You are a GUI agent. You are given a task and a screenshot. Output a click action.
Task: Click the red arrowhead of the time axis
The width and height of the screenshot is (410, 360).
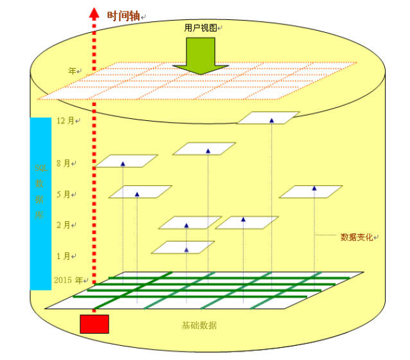tap(94, 13)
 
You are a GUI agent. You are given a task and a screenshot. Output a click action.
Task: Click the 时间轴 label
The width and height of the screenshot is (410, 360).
tap(123, 16)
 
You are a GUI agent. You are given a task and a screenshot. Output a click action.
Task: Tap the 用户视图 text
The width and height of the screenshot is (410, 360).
tap(200, 28)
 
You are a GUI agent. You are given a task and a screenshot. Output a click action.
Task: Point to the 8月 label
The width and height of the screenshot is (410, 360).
tap(65, 163)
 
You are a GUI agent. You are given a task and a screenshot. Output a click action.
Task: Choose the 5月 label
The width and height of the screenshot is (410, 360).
tap(65, 194)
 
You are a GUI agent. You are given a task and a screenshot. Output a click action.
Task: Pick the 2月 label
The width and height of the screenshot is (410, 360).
tap(65, 225)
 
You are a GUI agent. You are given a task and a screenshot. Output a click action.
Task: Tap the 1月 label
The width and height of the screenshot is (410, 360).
tap(65, 256)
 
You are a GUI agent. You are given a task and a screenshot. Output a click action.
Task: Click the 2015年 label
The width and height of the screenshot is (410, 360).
tap(69, 280)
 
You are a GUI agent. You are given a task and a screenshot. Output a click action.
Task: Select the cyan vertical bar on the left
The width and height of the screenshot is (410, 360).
tap(40, 203)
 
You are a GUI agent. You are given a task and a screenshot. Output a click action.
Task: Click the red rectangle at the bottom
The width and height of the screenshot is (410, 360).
tap(94, 324)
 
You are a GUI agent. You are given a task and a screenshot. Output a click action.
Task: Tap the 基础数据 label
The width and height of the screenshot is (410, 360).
tap(199, 325)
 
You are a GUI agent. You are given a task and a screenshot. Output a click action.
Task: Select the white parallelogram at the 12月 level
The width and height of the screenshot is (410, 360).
tap(269, 118)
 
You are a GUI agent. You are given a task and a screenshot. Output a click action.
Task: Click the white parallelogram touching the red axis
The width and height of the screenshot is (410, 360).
tap(126, 161)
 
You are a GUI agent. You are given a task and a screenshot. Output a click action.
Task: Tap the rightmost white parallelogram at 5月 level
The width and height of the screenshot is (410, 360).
tap(311, 192)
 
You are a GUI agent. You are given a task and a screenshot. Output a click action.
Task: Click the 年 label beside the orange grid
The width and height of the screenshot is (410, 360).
tap(73, 71)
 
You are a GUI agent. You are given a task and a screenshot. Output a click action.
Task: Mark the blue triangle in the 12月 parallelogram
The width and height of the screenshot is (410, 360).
tap(271, 120)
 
